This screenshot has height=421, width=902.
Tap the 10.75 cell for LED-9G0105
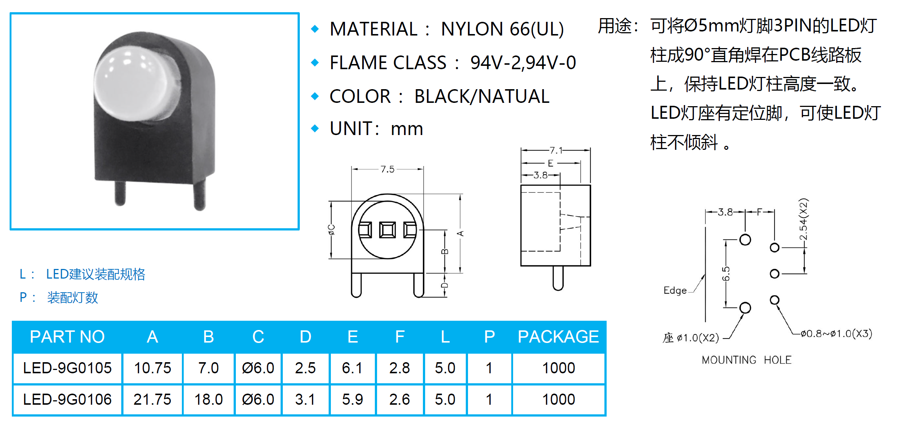(152, 368)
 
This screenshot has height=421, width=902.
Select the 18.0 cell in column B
(208, 400)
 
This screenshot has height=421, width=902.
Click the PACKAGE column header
(558, 337)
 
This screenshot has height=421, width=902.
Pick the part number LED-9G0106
(67, 400)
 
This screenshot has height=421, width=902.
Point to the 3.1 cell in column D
(305, 400)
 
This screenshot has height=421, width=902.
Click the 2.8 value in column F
(399, 368)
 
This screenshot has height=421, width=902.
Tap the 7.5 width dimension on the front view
(387, 169)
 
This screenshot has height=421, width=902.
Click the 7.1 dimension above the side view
(556, 150)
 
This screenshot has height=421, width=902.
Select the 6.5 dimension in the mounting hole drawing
(726, 274)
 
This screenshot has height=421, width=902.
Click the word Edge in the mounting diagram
(675, 290)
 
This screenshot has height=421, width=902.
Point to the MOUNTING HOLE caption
(747, 360)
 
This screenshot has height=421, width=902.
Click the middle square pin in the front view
(387, 230)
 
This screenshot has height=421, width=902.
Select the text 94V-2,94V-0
(523, 63)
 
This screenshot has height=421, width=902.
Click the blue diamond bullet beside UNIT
(315, 128)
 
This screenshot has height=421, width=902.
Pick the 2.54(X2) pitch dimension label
(803, 219)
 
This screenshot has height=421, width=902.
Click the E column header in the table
(353, 337)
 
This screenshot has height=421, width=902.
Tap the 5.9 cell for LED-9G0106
(352, 400)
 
